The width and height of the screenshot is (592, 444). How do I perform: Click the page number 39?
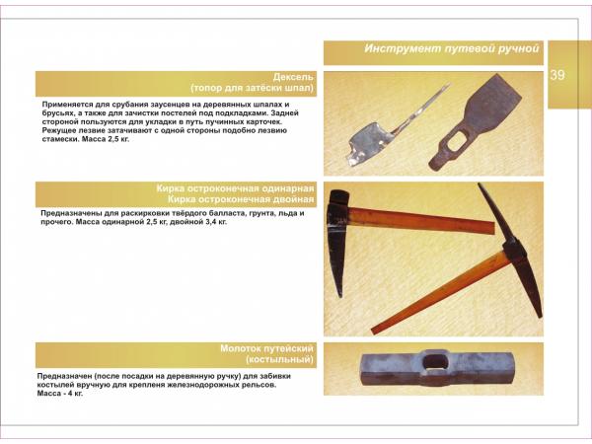click(x=557, y=75)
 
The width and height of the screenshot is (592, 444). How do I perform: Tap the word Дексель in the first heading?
click(x=293, y=77)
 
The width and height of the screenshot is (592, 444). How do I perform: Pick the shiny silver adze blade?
click(x=368, y=143)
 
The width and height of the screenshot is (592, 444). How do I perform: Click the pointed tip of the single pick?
click(x=339, y=296)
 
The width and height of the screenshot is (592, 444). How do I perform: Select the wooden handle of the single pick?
click(x=421, y=221)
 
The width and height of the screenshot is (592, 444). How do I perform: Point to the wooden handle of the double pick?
click(x=441, y=292)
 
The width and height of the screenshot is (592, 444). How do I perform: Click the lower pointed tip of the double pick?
click(x=541, y=316)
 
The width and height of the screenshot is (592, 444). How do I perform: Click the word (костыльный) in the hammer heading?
click(x=279, y=359)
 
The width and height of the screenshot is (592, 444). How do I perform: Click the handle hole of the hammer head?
click(x=435, y=362)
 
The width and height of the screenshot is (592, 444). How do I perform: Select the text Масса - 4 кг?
click(x=59, y=394)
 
